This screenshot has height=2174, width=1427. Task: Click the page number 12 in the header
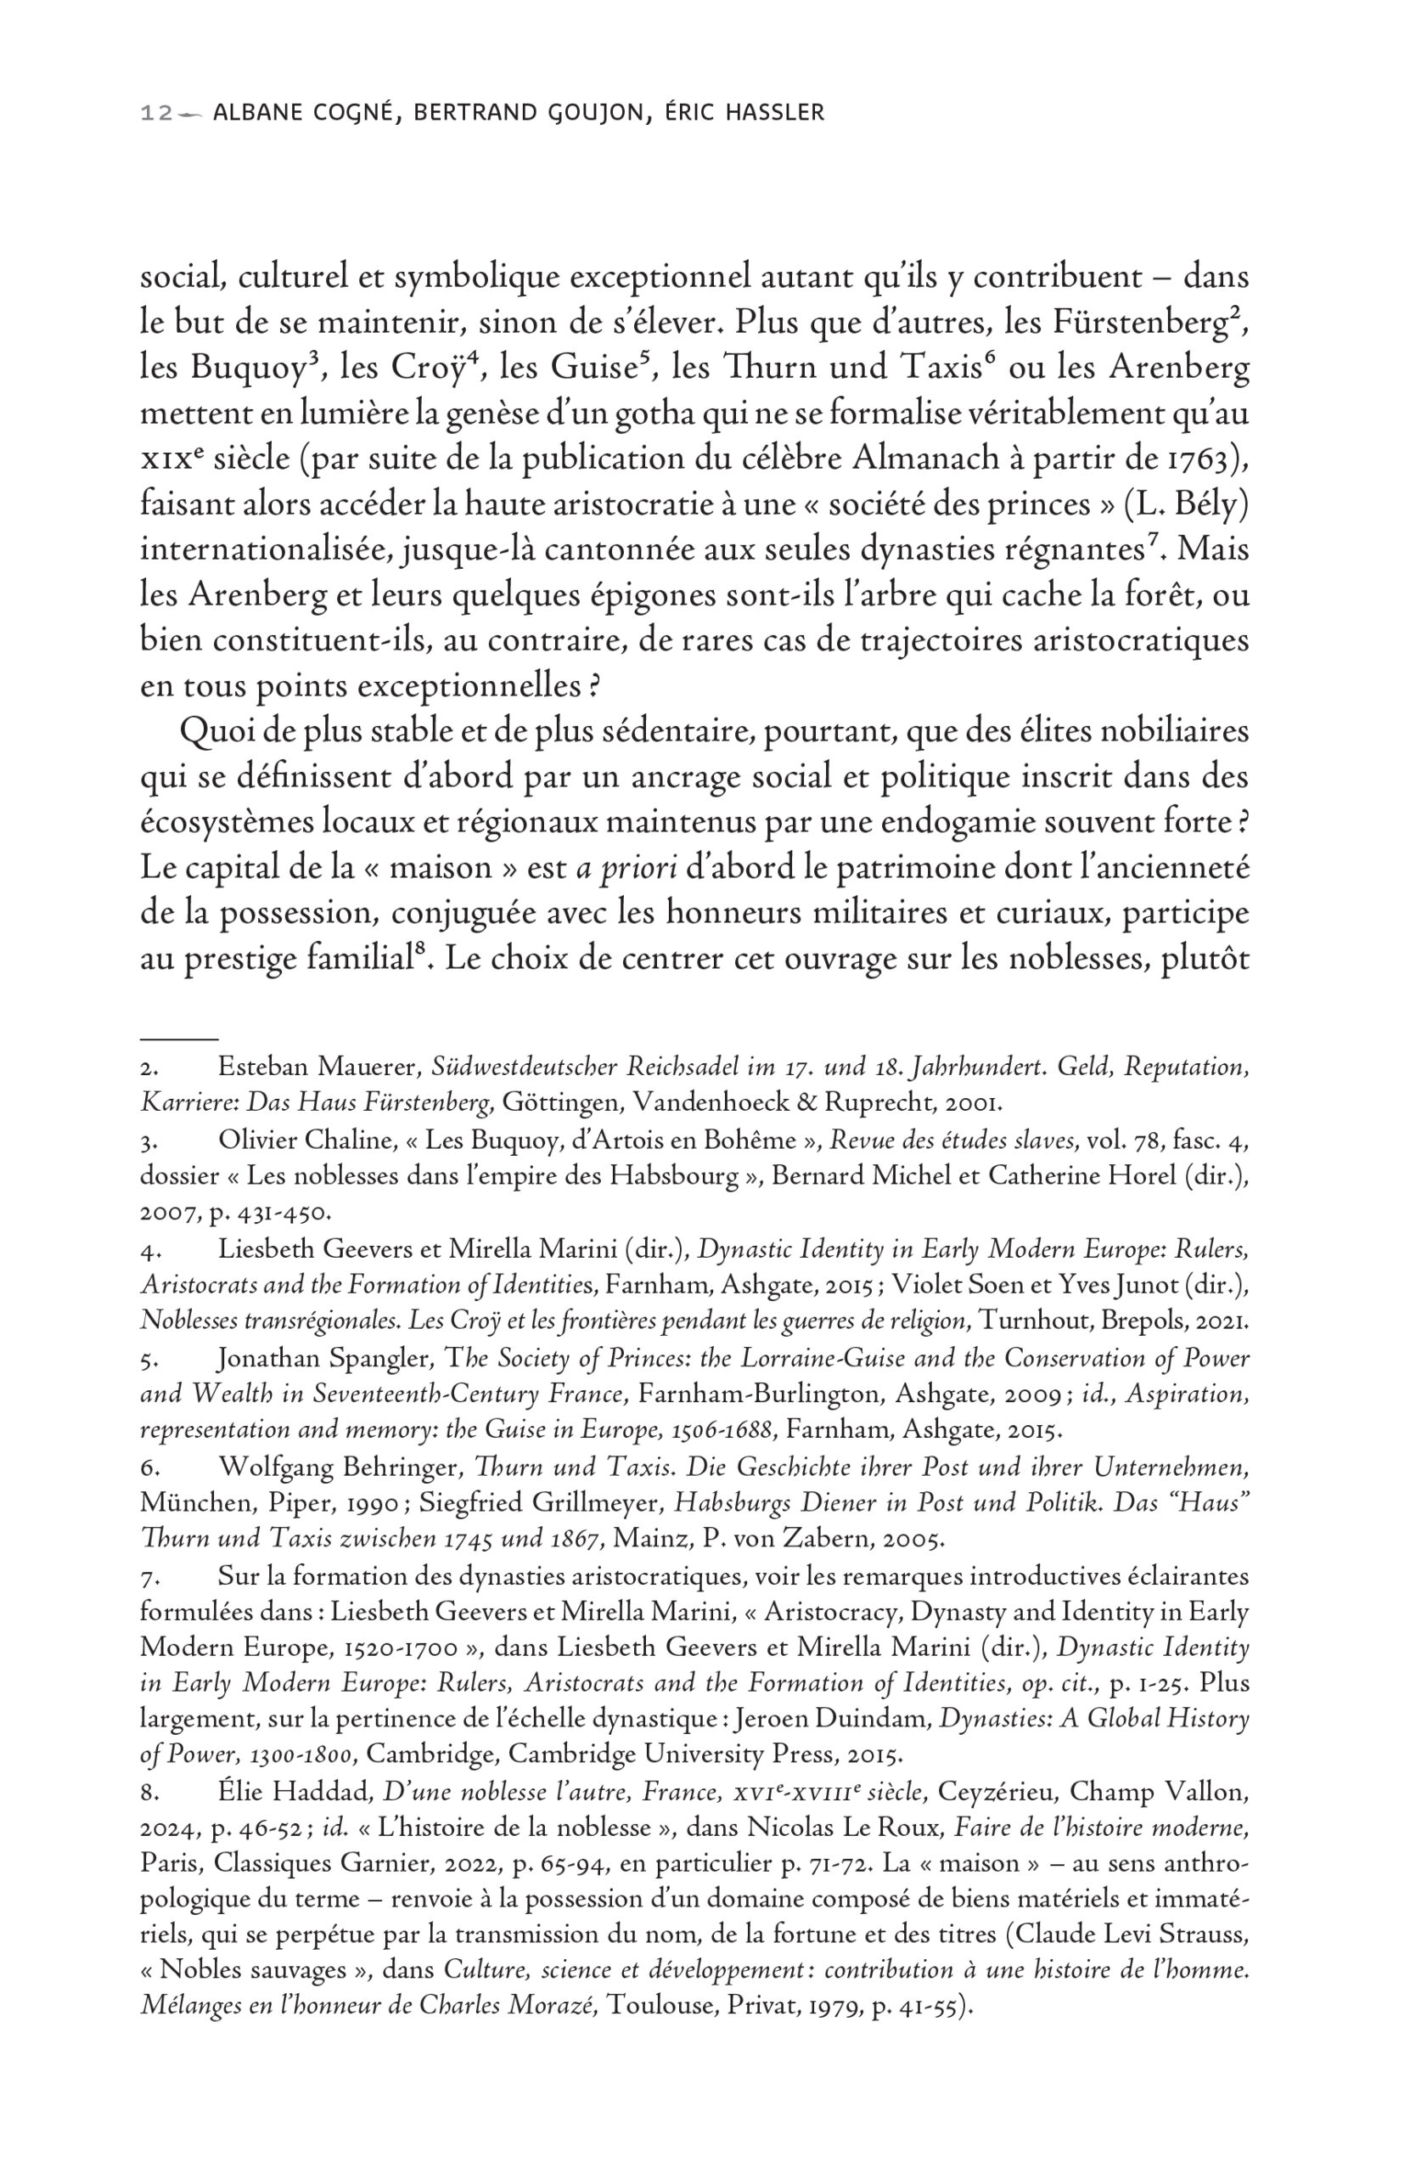[x=153, y=113]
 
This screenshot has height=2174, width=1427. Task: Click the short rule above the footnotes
[x=179, y=1039]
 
